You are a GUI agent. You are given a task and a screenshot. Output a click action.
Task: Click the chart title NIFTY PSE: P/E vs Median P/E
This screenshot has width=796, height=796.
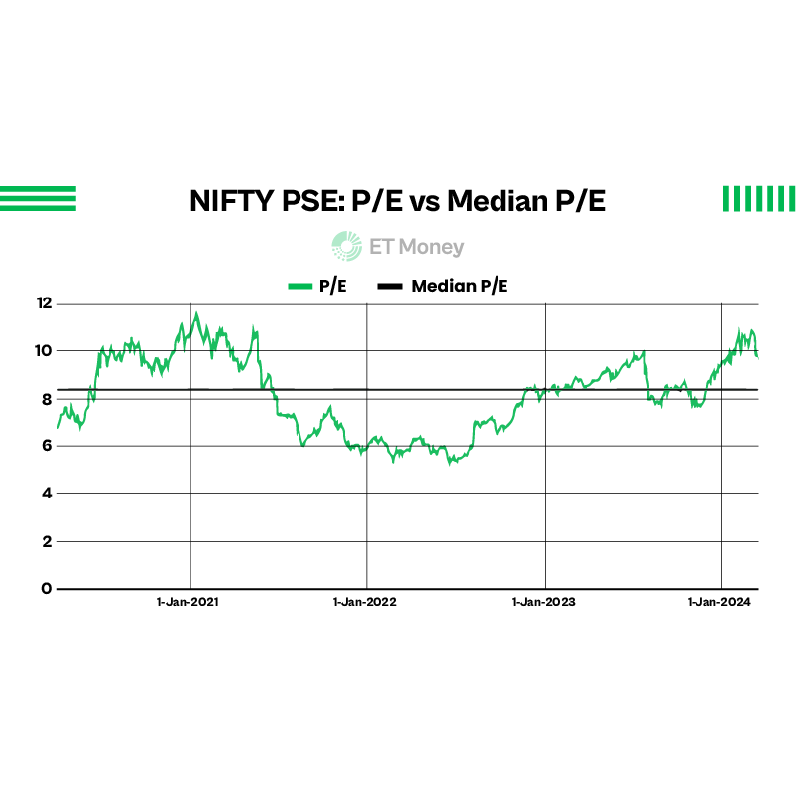(x=398, y=201)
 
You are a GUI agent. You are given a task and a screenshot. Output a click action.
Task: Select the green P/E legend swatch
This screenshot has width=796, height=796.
(x=300, y=286)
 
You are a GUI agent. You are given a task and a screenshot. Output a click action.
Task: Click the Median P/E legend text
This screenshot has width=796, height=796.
(x=459, y=286)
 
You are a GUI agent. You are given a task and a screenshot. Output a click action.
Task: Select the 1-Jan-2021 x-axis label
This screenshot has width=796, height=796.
(x=188, y=602)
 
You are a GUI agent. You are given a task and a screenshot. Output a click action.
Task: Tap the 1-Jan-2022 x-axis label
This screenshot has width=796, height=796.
(x=365, y=602)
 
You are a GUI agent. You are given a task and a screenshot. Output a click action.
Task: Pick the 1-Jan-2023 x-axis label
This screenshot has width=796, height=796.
(x=543, y=602)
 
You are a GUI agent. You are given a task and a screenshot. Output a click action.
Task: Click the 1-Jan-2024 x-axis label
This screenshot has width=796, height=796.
(x=720, y=602)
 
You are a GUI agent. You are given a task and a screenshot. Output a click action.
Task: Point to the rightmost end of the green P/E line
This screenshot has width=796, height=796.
(x=758, y=355)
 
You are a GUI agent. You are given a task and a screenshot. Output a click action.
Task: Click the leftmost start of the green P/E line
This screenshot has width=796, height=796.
(x=58, y=427)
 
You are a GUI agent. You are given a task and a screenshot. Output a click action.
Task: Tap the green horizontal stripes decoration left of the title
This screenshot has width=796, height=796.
(x=37, y=199)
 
